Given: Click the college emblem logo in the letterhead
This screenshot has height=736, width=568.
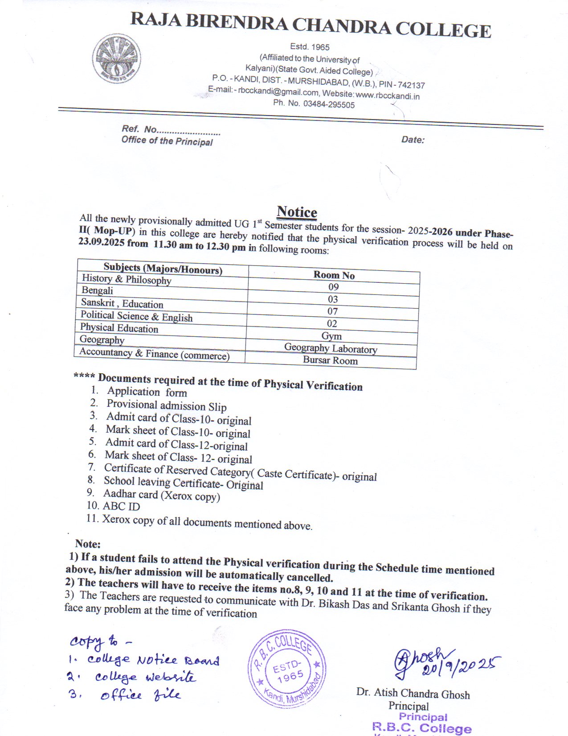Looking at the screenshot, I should coord(117,59).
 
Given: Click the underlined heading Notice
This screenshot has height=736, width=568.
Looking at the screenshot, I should coord(297,212).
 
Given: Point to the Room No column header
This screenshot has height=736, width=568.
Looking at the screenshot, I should coord(334,275).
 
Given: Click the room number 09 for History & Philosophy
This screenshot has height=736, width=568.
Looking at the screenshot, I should coord(333,287).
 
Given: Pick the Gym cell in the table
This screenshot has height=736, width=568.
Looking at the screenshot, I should coord(331,336).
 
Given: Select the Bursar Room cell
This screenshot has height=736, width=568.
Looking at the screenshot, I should coord(330,360).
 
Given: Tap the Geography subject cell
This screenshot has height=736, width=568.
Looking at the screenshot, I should coord(102,339).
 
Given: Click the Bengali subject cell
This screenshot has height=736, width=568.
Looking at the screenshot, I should coord(97,290).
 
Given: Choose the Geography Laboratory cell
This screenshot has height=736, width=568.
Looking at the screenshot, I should coord(331,348).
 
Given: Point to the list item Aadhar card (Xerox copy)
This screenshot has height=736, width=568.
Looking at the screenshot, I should coord(161,495).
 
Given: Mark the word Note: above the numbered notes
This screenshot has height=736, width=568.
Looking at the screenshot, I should coord(88,544).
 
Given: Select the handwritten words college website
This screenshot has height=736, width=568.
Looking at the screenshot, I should coord(145,677).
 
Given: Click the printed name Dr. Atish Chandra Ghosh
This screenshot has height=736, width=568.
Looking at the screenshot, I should coord(413,694).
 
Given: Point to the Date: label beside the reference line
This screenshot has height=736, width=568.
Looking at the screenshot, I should coord(413,140).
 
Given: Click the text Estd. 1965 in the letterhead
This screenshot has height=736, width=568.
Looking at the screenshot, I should coord(310,47).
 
